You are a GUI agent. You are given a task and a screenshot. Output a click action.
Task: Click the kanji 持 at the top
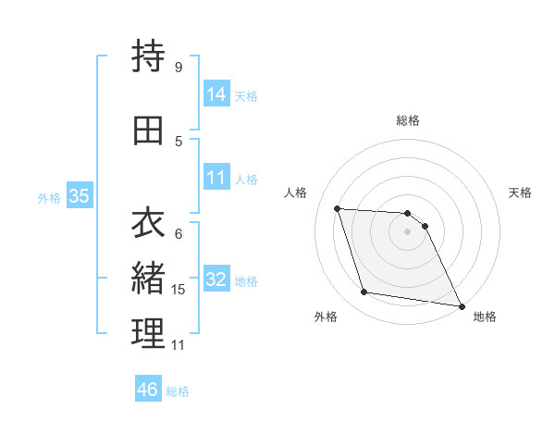[x=149, y=56]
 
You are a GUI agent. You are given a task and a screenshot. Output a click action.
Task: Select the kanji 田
[x=149, y=130]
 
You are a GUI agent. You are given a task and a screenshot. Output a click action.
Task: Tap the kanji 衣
[x=149, y=223]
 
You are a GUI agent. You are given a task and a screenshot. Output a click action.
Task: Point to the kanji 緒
[x=149, y=278]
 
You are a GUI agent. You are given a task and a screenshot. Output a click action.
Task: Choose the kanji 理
[x=149, y=333]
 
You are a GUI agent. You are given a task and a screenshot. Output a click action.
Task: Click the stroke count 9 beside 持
[x=178, y=67]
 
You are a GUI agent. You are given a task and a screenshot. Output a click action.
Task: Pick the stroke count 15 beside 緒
[x=179, y=290]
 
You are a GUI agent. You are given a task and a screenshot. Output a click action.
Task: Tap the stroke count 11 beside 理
[x=179, y=345]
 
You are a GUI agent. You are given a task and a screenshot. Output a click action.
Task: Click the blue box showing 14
[x=216, y=94]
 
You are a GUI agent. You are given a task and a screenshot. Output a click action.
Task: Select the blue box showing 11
[x=216, y=178]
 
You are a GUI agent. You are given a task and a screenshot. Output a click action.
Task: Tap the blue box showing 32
[x=216, y=280]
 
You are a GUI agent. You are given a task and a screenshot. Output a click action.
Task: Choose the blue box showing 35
[x=80, y=196]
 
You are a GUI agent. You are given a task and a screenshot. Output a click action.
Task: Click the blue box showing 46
[x=148, y=390]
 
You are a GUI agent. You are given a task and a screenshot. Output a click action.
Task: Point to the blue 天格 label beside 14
[x=246, y=95]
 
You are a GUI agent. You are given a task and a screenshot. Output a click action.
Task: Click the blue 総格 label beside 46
[x=178, y=391]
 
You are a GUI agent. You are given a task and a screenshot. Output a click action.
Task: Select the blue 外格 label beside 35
[x=49, y=197]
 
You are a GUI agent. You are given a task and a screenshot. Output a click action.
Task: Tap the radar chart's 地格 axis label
[x=485, y=317]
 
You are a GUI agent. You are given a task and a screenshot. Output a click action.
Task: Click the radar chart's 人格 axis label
[x=297, y=193]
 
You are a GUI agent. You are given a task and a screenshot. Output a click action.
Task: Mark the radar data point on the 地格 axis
[x=461, y=305]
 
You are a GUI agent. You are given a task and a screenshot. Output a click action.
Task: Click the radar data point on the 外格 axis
[x=364, y=292]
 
